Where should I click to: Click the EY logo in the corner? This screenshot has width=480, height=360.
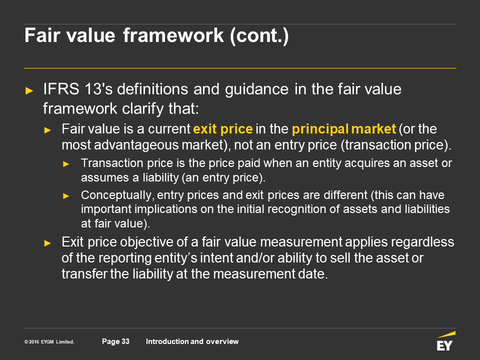446,341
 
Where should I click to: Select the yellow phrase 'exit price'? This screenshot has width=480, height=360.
223,129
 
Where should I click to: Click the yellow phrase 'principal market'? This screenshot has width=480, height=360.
344,129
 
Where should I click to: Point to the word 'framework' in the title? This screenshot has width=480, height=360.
173,35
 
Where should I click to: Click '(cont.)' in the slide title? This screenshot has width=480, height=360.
259,36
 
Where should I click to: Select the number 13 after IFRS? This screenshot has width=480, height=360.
92,89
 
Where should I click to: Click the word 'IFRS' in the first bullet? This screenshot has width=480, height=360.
61,89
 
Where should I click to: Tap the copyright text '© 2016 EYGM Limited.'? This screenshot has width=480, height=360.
49,341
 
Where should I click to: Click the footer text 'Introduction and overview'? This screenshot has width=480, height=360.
192,341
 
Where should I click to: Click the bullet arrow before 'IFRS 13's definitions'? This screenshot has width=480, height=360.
29,90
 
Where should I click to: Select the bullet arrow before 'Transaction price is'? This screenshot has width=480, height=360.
66,164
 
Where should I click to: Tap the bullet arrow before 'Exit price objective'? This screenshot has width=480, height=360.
47,243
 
